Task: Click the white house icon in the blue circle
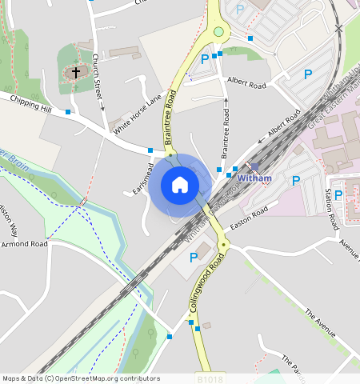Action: click(180, 185)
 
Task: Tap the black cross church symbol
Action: click(76, 72)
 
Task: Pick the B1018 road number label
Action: click(207, 378)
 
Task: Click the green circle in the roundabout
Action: click(218, 32)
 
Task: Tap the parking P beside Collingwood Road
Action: click(193, 257)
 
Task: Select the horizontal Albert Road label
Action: click(246, 83)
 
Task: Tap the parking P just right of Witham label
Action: click(296, 181)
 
